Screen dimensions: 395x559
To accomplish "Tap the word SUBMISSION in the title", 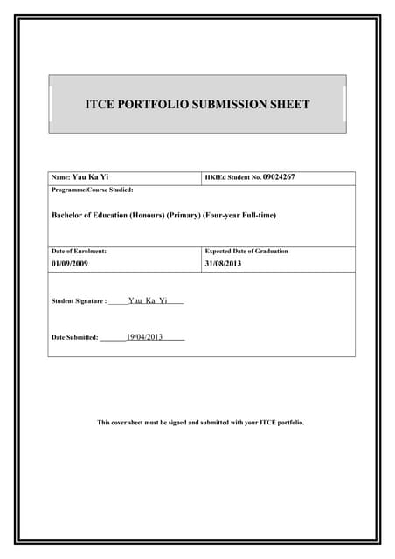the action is click(226, 105).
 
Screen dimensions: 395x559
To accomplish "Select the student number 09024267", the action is click(279, 177).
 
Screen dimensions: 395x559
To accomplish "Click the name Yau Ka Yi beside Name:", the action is click(90, 177).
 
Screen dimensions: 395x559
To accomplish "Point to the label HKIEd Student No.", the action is click(232, 177).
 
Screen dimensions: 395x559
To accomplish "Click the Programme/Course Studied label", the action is click(93, 190).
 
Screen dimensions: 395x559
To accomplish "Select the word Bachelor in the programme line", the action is click(68, 215).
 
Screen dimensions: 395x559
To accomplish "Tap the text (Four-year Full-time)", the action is click(239, 215).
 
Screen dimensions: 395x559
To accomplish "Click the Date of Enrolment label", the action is click(80, 251).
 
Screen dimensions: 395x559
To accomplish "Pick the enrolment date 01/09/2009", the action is click(70, 263).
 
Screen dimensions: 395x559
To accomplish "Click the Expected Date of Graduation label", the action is click(246, 251).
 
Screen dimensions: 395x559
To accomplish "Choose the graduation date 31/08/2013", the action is click(222, 263).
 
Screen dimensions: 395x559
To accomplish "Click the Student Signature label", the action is click(79, 301).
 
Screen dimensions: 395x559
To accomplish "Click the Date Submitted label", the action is click(75, 337).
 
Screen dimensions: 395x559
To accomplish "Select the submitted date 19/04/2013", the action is click(144, 336).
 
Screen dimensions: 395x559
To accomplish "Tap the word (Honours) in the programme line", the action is click(146, 215).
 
